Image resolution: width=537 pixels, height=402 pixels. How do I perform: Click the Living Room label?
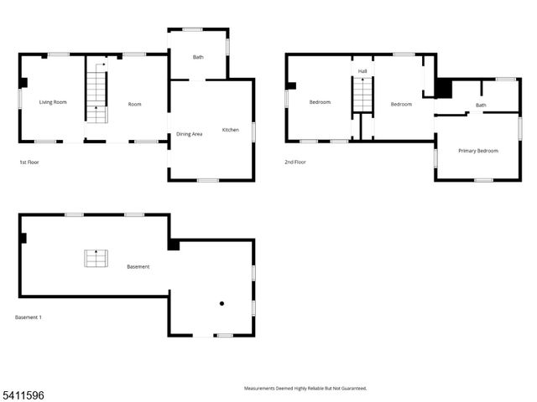[53, 102]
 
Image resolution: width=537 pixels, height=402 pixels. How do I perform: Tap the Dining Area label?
[189, 134]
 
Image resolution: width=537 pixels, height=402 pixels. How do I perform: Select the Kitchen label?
[230, 130]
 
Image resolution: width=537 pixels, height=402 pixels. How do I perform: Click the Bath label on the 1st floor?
[198, 58]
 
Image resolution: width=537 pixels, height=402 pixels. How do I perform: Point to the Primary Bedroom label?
[477, 151]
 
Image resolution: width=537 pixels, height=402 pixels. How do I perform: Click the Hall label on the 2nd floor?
[362, 72]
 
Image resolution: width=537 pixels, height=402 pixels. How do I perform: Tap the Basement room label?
[138, 266]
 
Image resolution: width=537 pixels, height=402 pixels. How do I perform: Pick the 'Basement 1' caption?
[29, 317]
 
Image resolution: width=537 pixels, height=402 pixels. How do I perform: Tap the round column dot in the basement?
[222, 303]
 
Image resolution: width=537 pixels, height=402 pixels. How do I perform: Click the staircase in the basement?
[96, 258]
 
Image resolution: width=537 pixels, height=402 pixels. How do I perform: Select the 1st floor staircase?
[97, 96]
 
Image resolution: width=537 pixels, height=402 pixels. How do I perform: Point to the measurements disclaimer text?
[305, 388]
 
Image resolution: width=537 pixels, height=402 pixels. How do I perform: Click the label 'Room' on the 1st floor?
[134, 104]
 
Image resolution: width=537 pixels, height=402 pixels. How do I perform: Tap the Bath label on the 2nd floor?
[481, 105]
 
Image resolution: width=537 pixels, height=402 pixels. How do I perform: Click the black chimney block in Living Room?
[23, 82]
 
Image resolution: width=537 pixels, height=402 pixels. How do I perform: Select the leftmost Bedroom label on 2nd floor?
[320, 102]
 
